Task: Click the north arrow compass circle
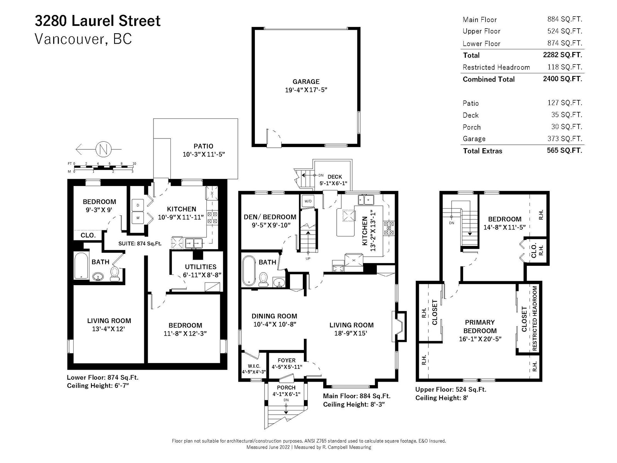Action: pos(103,149)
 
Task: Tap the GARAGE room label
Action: pos(306,81)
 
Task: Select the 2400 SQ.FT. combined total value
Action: pos(562,79)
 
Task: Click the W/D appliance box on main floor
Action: pos(308,201)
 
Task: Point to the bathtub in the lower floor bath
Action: pos(81,266)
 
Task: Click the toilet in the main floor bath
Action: pos(263,279)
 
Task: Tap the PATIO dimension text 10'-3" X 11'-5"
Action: pos(204,154)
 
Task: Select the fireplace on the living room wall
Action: pos(399,326)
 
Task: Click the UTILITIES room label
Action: pos(201,267)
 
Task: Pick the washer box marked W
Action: pos(138,218)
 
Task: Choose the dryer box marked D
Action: pos(138,205)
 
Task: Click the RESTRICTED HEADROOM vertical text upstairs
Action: pos(534,318)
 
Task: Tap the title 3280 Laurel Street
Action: pos(98,21)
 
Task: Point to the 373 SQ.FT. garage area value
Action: pos(565,139)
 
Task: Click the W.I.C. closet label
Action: pos(254,366)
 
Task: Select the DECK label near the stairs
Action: pos(335,177)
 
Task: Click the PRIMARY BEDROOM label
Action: pos(480,326)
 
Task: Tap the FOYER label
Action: pos(287,360)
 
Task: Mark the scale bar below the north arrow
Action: pos(103,167)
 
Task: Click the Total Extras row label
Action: pos(482,151)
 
